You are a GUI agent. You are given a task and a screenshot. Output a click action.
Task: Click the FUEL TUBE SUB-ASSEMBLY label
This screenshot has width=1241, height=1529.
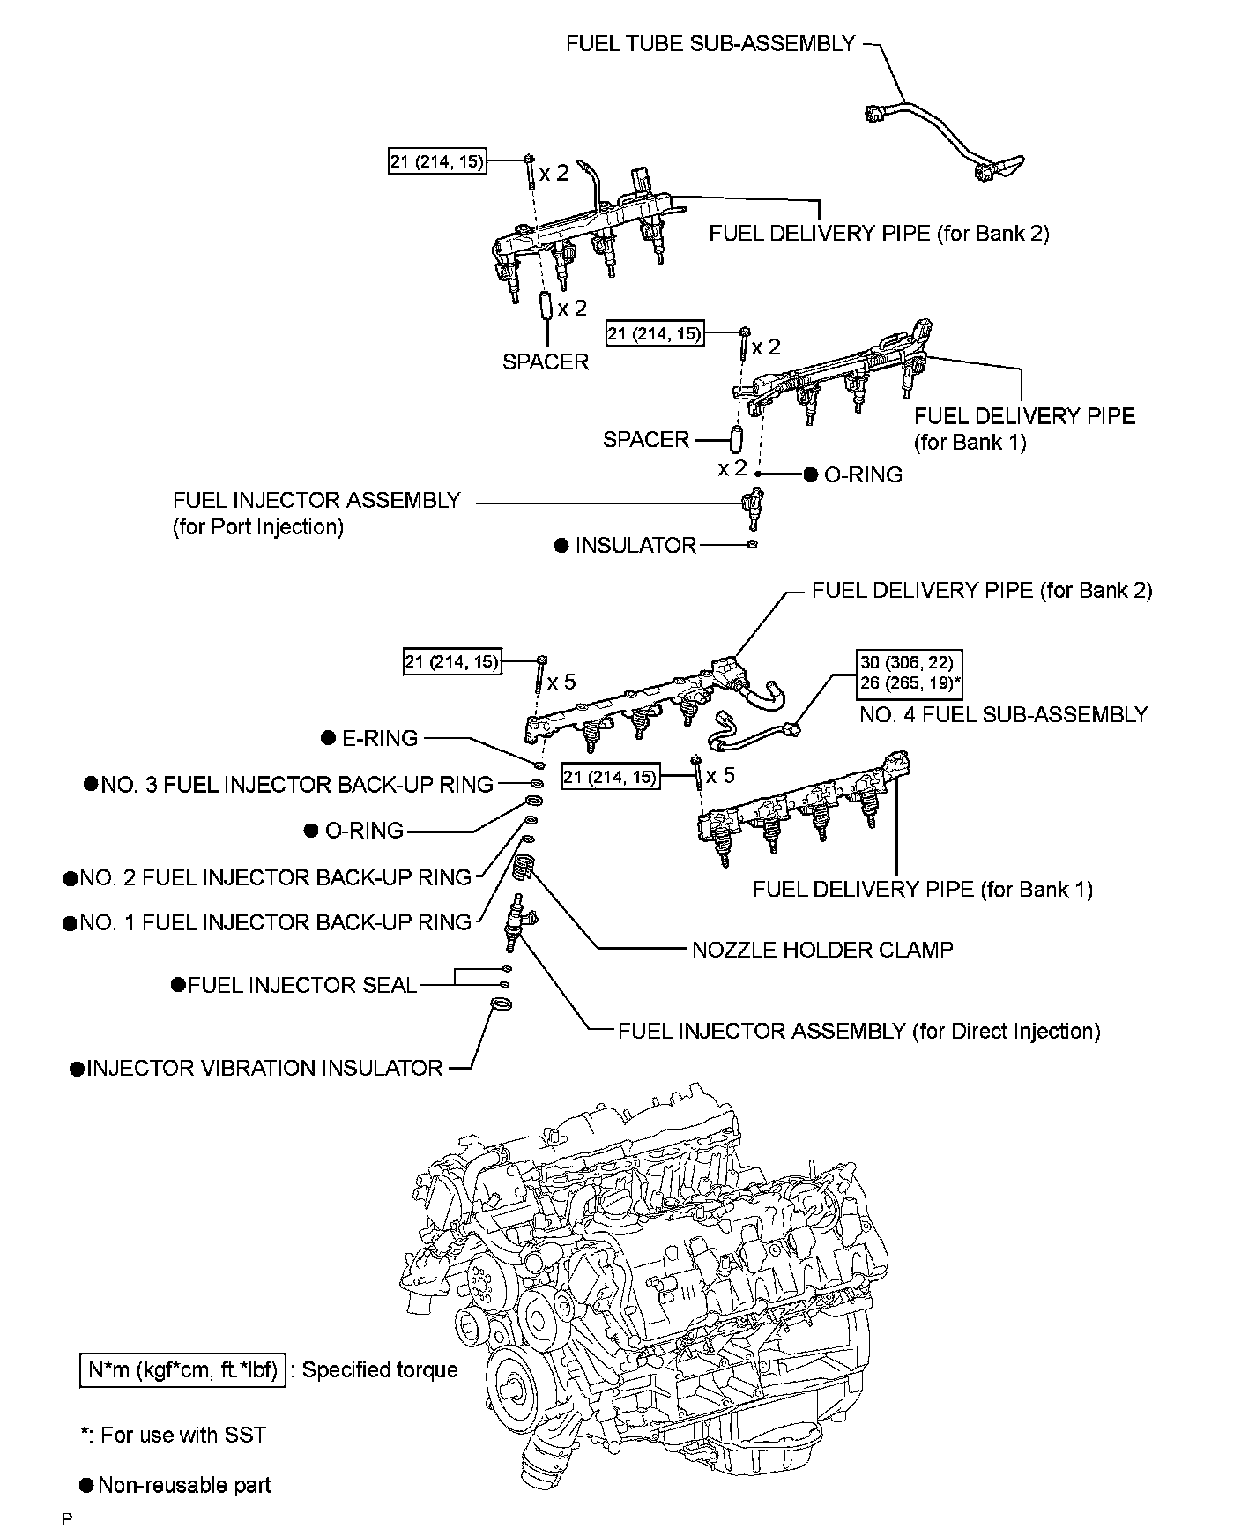pos(710,43)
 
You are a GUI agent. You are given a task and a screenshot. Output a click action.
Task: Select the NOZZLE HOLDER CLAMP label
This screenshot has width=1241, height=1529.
pos(821,950)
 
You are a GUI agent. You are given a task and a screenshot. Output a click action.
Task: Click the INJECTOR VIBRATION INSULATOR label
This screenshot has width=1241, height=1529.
pos(264,1068)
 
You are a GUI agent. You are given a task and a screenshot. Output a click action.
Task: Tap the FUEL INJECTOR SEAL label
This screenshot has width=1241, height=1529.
pos(301,985)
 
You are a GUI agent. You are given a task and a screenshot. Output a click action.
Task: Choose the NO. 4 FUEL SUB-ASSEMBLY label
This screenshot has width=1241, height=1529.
pos(1003,714)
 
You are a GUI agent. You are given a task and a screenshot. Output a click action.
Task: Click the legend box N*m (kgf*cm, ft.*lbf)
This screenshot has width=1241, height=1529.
pos(183,1369)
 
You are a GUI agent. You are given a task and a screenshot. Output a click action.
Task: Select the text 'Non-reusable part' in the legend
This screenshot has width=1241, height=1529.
pos(184,1485)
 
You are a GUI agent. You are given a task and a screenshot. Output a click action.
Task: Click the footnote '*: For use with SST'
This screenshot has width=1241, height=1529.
pos(173,1435)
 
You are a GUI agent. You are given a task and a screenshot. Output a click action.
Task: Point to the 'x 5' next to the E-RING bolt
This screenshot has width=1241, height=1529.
pos(561,682)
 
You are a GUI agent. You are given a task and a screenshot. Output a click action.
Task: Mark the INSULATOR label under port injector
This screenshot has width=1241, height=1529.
pos(635,545)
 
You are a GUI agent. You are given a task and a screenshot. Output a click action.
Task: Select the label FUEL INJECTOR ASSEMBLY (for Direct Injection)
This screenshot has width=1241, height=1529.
pos(858,1031)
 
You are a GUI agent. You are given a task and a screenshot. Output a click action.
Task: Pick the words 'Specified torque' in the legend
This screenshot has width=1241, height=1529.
pos(380,1369)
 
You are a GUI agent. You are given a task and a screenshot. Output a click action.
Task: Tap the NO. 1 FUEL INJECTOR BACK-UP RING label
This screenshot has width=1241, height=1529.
pos(275,922)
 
